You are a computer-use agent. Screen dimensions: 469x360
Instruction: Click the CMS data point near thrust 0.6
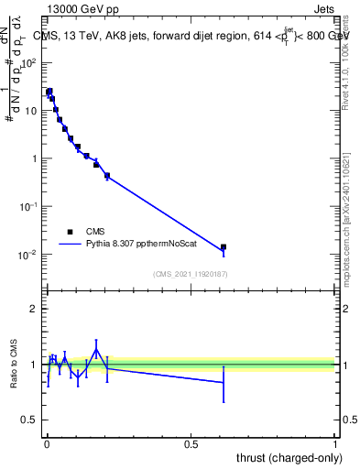224,247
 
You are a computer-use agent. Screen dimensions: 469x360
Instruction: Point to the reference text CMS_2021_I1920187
190,273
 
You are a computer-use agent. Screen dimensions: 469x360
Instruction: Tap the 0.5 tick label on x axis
191,442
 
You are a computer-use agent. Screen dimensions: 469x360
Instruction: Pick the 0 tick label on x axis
47,442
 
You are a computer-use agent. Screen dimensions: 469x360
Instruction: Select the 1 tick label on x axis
336,442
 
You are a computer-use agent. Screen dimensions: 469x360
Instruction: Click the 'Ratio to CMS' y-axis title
15,365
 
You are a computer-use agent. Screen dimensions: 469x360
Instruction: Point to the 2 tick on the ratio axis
36,310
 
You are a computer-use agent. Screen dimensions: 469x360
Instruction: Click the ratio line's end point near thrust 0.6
224,382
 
